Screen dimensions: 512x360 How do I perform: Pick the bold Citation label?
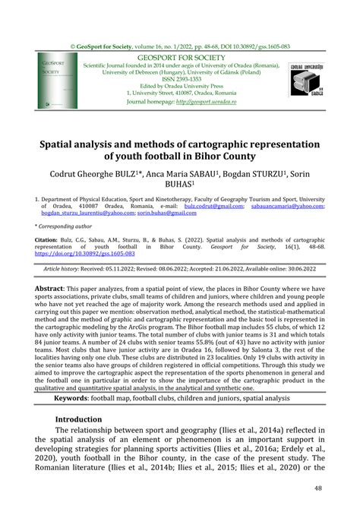[46, 239]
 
